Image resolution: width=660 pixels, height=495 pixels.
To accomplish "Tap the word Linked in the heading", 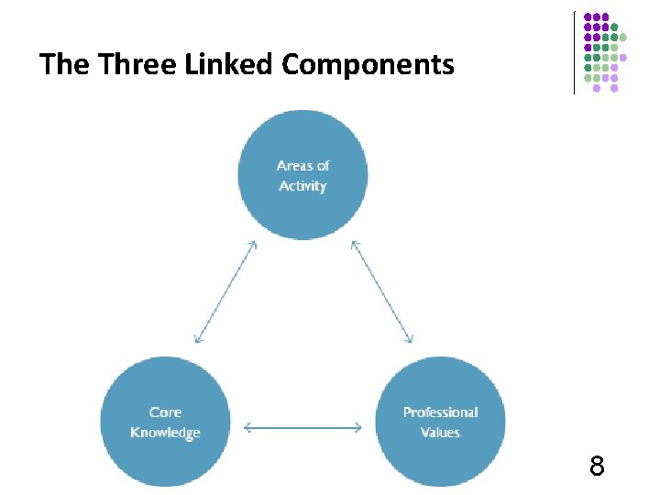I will click(x=231, y=65).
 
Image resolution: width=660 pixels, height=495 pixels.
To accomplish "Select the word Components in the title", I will click(x=368, y=65).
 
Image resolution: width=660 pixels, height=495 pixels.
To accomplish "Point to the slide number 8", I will click(x=597, y=467).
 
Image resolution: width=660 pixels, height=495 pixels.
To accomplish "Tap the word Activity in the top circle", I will click(x=302, y=186).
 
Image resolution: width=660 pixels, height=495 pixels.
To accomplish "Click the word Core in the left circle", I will click(x=165, y=412).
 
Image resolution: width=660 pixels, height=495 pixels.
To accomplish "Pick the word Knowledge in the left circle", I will click(x=165, y=433).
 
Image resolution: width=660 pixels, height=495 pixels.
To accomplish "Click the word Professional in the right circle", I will click(x=440, y=412).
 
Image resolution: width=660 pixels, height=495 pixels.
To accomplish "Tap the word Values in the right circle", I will click(x=440, y=433).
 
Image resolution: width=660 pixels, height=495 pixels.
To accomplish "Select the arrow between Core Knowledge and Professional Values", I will click(x=302, y=426).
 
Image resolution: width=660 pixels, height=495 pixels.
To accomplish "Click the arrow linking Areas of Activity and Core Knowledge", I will click(x=225, y=291).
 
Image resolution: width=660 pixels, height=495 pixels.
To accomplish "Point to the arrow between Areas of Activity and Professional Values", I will click(x=381, y=291).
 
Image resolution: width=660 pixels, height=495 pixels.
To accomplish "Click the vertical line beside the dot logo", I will click(x=575, y=52).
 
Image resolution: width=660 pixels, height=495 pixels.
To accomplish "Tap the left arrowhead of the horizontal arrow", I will click(x=247, y=426).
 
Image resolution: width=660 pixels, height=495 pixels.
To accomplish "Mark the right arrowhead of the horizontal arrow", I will click(x=358, y=426).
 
